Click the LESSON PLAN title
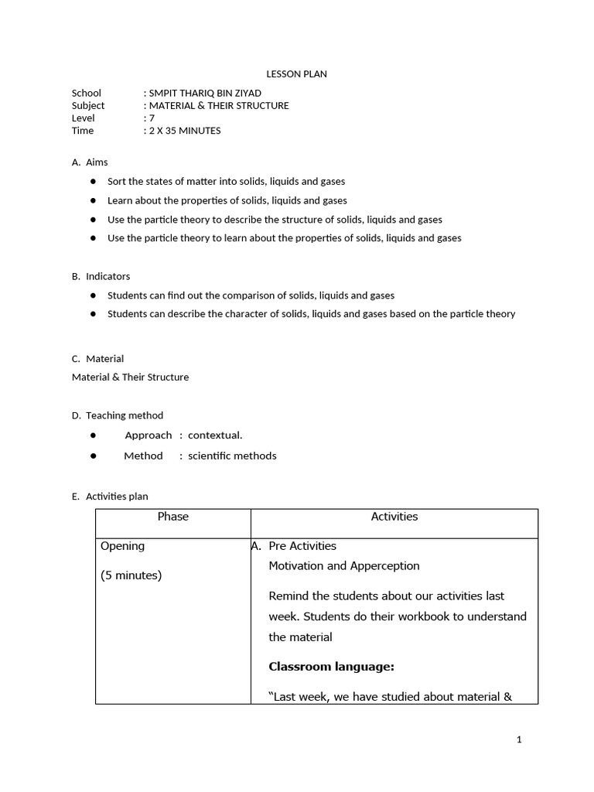click(x=296, y=74)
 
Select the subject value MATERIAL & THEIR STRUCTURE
click(x=218, y=105)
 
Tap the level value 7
click(x=152, y=118)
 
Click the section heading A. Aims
click(x=90, y=162)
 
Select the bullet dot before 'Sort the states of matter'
click(x=93, y=181)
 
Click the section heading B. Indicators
click(x=101, y=276)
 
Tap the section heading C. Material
click(x=97, y=359)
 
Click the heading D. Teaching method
click(x=118, y=415)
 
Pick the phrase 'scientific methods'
click(x=232, y=456)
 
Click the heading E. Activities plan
click(x=110, y=497)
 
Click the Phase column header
click(x=172, y=517)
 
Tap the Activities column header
click(x=394, y=517)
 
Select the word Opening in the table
click(x=122, y=546)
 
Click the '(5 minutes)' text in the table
click(x=131, y=575)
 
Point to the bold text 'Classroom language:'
click(x=331, y=667)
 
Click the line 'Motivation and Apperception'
click(x=343, y=566)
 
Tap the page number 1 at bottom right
click(x=519, y=739)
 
